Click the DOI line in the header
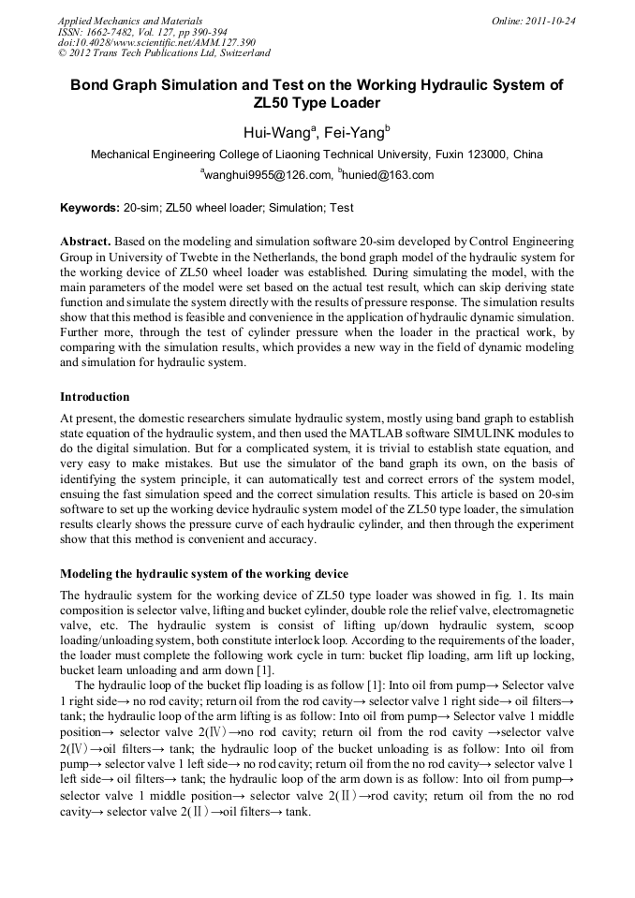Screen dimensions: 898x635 point(156,42)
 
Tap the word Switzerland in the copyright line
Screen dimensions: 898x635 point(240,53)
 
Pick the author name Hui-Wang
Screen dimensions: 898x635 point(278,132)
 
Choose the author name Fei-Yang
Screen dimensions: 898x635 point(355,132)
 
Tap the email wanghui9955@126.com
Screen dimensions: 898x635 point(266,175)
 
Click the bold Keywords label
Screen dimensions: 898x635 point(89,208)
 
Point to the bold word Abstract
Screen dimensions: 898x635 point(85,241)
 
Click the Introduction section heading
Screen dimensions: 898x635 point(97,396)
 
